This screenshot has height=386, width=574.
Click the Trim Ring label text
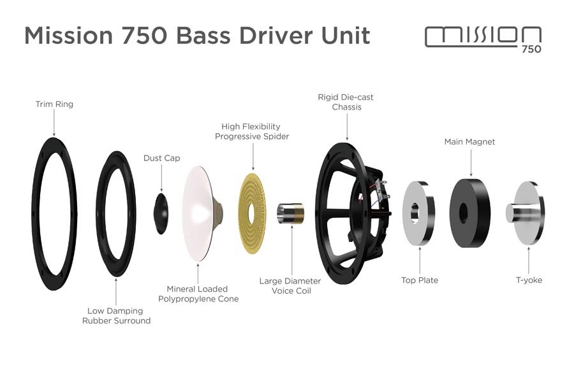pyautogui.click(x=54, y=104)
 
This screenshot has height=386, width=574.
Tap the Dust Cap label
pyautogui.click(x=161, y=158)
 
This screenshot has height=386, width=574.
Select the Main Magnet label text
pyautogui.click(x=469, y=141)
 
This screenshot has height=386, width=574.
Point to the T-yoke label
pyautogui.click(x=529, y=280)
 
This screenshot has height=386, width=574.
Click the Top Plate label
pyautogui.click(x=420, y=280)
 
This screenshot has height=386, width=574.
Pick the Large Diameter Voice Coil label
pyautogui.click(x=290, y=286)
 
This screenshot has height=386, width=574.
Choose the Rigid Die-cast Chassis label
pyautogui.click(x=346, y=102)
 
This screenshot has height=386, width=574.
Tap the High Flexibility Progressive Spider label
pyautogui.click(x=252, y=131)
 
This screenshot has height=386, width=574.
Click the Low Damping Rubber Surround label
pyautogui.click(x=116, y=315)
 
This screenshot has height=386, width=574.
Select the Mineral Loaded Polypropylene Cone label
pyautogui.click(x=198, y=294)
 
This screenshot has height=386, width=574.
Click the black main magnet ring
pyautogui.click(x=471, y=213)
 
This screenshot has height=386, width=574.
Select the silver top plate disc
pyautogui.click(x=418, y=213)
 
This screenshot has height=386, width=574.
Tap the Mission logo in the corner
pyautogui.click(x=483, y=38)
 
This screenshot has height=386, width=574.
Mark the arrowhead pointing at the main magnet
pyautogui.click(x=471, y=173)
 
